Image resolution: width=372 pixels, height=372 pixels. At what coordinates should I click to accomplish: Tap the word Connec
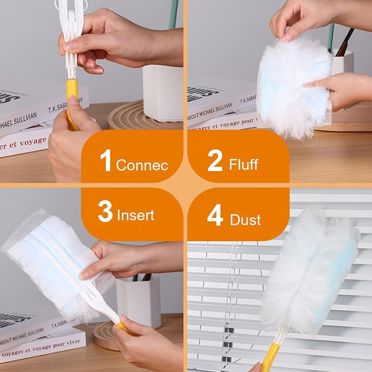[x=142, y=165]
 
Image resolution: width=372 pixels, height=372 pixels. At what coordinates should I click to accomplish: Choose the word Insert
[x=135, y=216]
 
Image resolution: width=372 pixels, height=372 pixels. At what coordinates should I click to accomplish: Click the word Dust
[x=245, y=219]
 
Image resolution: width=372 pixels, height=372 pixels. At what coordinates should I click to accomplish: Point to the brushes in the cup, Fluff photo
[x=343, y=44]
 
